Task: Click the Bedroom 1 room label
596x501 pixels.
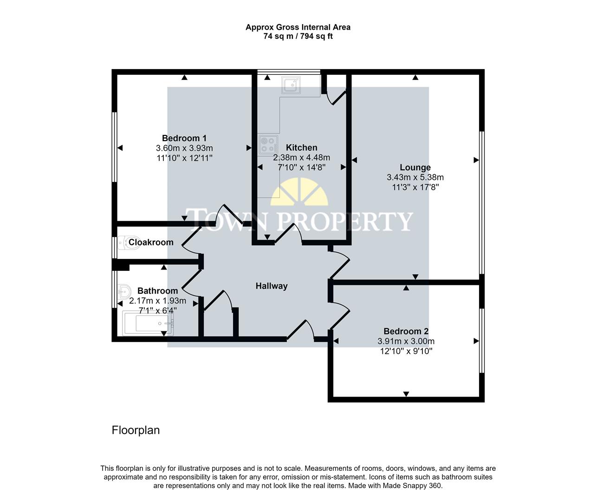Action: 184,138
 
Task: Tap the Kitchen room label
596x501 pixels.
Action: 301,148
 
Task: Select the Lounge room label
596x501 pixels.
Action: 415,167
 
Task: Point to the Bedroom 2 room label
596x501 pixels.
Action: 406,331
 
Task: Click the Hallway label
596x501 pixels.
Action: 272,286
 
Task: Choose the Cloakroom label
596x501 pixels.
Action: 151,242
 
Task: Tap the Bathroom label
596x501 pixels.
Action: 157,291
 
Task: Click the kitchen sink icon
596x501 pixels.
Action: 291,85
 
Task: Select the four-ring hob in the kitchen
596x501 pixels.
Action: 268,144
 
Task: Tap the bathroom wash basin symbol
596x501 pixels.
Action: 124,292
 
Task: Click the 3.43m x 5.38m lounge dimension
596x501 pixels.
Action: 415,177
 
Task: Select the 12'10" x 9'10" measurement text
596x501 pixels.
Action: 406,351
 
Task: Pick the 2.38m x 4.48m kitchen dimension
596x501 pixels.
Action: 301,158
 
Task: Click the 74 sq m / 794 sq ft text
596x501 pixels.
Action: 298,36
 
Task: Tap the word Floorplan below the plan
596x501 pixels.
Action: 136,430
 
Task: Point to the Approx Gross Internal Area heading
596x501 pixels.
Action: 298,27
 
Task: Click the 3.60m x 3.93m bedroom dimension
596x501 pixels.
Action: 184,148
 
